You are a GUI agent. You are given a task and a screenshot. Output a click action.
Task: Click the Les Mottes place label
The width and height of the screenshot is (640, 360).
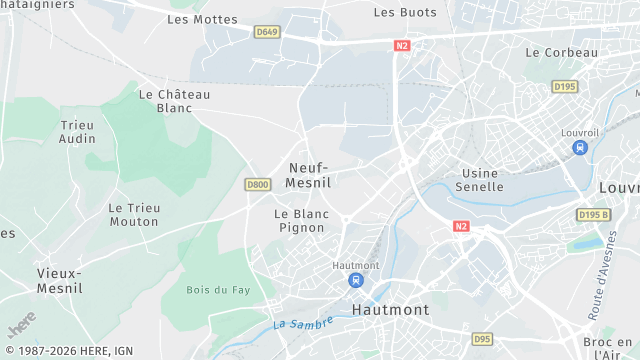pos(202,19)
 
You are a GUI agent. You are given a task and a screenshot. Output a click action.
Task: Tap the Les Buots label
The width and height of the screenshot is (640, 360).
pos(405,12)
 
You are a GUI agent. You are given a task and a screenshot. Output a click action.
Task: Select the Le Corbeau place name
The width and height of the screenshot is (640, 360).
pos(561,52)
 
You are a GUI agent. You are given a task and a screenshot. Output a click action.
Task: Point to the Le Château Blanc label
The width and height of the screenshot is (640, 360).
pos(175,101)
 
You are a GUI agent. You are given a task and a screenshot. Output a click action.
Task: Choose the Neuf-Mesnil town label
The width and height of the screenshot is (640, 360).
pos(309,175)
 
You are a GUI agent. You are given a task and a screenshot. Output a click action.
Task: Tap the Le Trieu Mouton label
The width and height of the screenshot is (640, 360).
pos(134,215)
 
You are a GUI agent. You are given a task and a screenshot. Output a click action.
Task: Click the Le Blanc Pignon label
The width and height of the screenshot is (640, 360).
pos(299,221)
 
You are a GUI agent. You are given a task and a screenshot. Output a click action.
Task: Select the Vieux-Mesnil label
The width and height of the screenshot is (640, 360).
pos(60,280)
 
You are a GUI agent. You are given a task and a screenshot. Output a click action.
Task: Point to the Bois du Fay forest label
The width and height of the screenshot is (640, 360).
pos(212,290)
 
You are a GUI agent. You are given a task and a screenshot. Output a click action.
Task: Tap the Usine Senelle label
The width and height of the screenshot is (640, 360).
pos(478,180)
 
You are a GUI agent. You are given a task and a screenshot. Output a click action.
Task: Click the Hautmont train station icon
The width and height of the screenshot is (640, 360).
pos(355,281)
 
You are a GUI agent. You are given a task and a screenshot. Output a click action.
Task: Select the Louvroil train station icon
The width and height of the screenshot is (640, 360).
pos(580,148)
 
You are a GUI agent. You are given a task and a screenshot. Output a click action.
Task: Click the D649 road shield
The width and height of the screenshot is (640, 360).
pos(266,32)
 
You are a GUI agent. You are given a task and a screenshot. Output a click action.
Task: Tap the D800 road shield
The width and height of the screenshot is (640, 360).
pos(258,184)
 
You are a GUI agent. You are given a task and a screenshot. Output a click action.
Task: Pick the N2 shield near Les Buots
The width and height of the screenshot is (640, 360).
pos(402,45)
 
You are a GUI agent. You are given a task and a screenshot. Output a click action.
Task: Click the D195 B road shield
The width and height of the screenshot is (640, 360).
pos(593,215)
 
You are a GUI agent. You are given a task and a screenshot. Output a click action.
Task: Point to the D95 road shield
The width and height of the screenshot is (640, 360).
pos(482,339)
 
